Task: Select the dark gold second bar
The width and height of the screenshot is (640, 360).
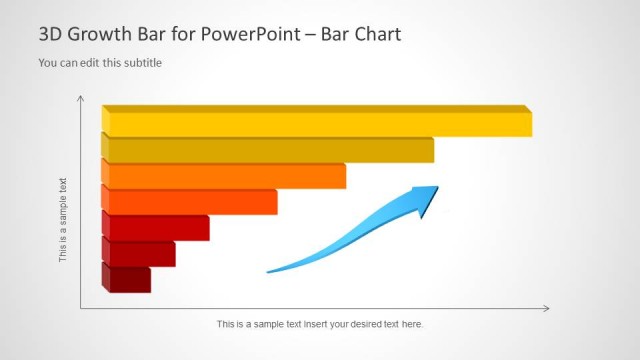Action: pos(270,150)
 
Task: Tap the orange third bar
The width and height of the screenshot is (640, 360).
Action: pos(226,176)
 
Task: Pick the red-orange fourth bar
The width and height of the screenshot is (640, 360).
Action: pos(191,202)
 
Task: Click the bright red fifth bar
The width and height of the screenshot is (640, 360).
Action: pos(157,228)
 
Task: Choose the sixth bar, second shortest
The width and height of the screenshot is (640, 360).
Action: pos(140,254)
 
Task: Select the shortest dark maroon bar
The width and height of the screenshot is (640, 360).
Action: pos(128,279)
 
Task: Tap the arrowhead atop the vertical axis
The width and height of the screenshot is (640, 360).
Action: pos(80,99)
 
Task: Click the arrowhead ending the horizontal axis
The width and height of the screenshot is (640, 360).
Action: pos(545,309)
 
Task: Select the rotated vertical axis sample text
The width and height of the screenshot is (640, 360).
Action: pos(63,220)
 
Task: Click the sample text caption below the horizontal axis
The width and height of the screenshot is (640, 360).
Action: pos(320,324)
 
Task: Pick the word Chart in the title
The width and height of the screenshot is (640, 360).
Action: pos(377,35)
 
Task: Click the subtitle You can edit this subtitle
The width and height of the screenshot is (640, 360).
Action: pos(100,63)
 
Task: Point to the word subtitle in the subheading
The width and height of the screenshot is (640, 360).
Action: pos(142,63)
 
